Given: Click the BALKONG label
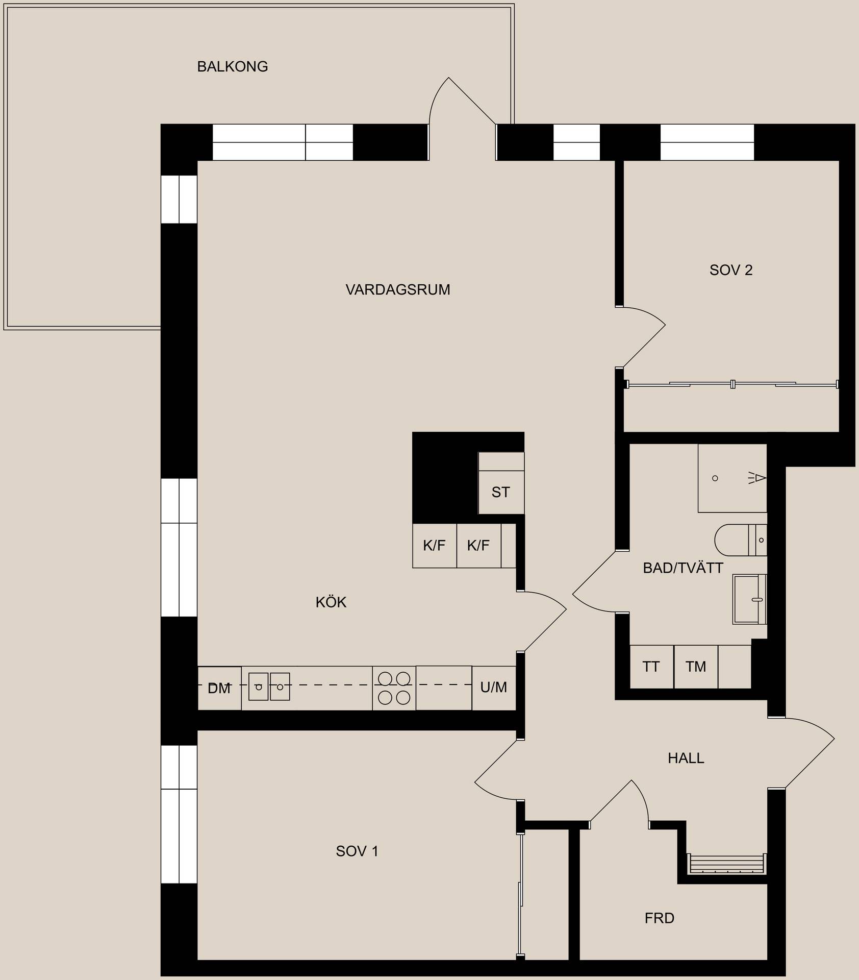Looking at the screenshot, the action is (233, 66).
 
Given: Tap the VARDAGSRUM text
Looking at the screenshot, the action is (398, 290).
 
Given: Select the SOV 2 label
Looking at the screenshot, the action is (731, 270).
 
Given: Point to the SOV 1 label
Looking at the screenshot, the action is (357, 851).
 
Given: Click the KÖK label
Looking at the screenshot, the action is (331, 602).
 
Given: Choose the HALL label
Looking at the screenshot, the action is (686, 758).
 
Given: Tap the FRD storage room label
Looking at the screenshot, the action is (660, 918).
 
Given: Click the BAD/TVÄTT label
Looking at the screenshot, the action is (683, 568).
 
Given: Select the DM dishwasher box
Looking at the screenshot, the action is (219, 688).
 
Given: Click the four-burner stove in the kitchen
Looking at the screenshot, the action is (394, 688).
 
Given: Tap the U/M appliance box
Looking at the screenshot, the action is (494, 688).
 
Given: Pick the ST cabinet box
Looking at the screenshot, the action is (501, 492).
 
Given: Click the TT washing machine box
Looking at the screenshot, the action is (651, 667).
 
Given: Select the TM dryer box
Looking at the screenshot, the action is (696, 667).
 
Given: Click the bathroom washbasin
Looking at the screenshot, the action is (750, 599).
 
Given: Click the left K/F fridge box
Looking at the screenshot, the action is (435, 546).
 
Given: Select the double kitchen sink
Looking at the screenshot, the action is (269, 687).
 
